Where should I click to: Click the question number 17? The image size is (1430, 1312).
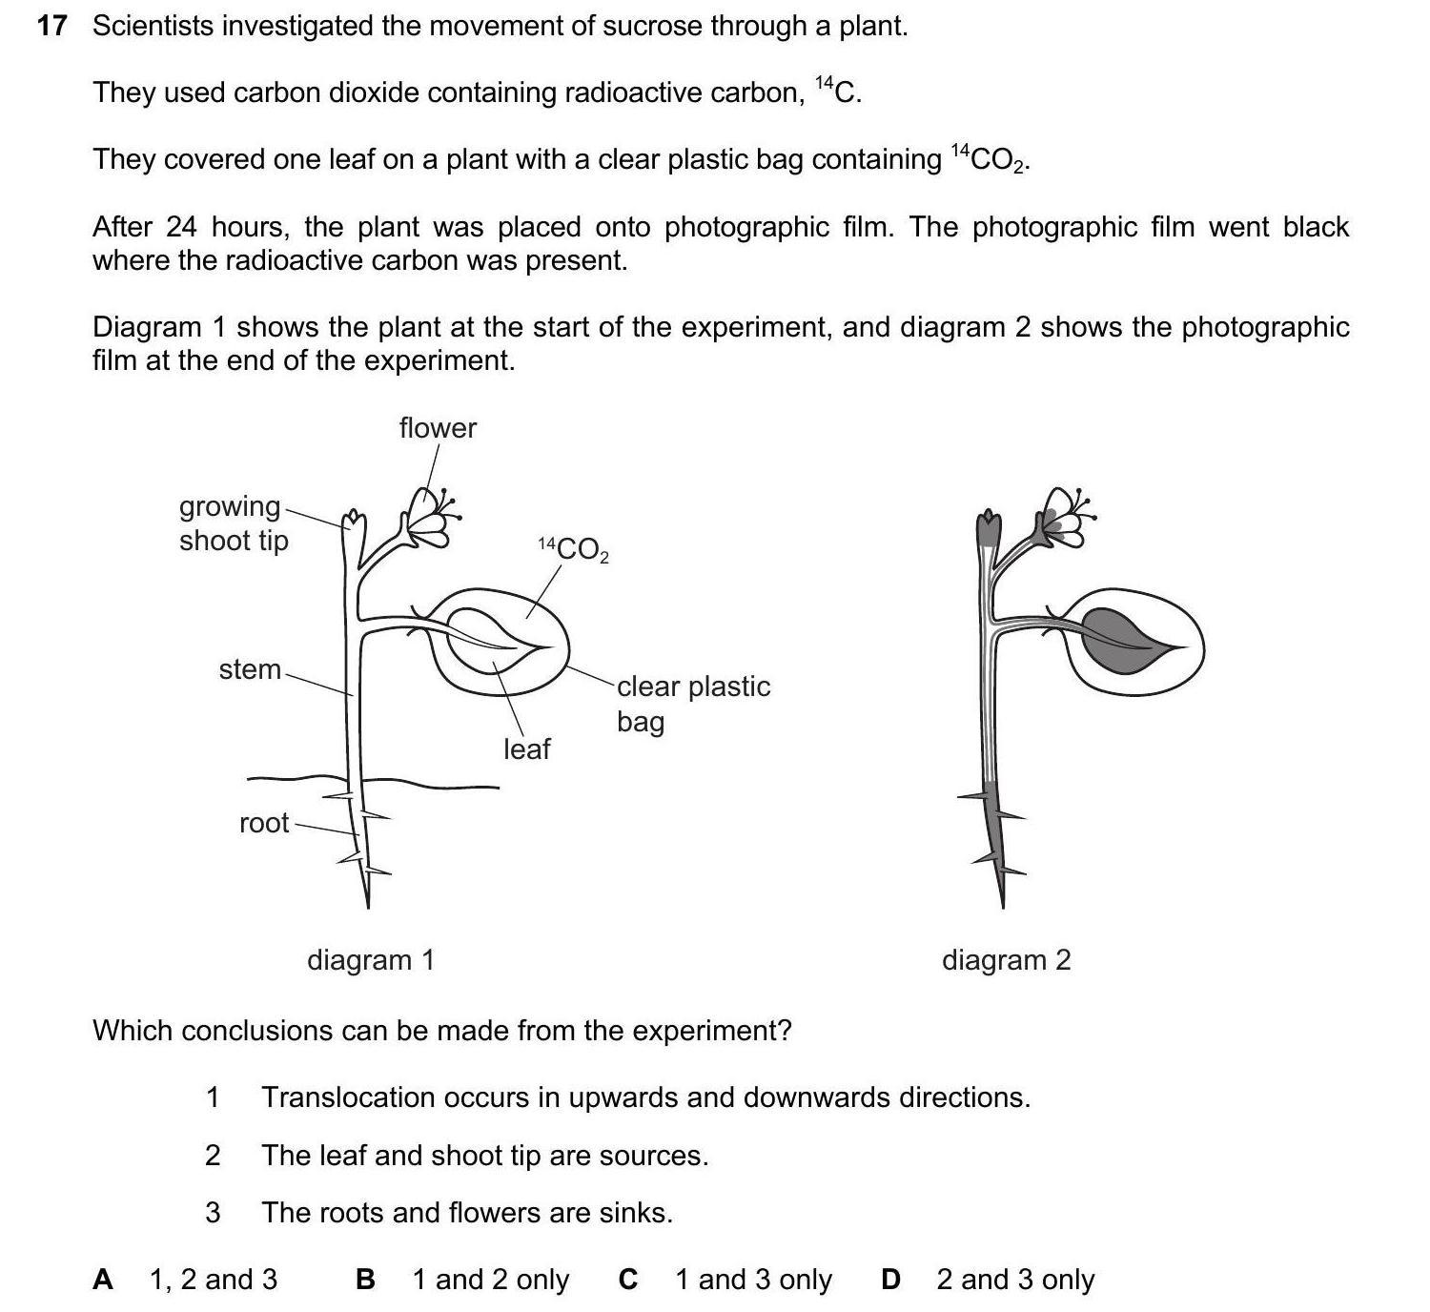point(51,26)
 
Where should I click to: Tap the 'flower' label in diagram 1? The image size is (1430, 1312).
point(438,428)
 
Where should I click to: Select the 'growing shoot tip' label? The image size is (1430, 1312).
point(233,523)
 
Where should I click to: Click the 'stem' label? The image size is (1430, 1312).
point(250,669)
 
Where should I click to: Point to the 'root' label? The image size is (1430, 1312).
point(264,823)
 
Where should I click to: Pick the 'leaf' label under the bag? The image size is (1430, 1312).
point(526,749)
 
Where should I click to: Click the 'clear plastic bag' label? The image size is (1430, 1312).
point(692,703)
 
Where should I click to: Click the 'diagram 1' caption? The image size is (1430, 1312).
point(370,959)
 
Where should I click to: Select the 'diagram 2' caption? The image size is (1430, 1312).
point(1006,959)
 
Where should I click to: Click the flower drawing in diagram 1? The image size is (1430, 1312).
point(427,517)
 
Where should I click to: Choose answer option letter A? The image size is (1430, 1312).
point(103,1280)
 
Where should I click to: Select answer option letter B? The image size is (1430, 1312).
point(364,1280)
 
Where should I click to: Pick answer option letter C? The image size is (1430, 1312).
point(627,1280)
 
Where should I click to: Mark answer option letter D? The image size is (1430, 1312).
point(890,1280)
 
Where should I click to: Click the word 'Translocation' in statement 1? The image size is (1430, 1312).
point(347,1097)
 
